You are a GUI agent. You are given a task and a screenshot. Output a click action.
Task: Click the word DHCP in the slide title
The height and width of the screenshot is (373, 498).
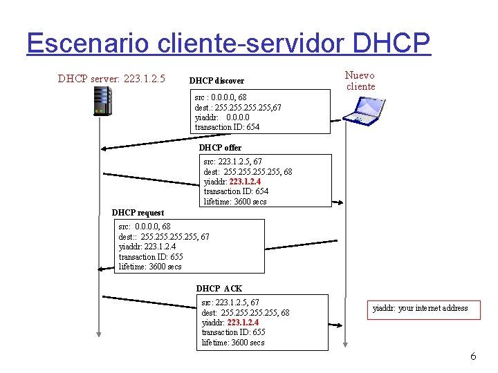point(391,42)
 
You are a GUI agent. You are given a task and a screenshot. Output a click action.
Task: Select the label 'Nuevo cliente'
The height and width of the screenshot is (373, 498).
point(360,81)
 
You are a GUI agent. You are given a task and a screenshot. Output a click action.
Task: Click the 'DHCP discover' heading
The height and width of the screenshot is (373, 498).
point(216,81)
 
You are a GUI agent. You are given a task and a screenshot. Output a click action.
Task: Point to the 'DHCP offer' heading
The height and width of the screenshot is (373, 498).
point(220,147)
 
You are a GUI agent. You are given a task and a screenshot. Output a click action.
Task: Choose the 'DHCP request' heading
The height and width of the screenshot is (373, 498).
point(138,213)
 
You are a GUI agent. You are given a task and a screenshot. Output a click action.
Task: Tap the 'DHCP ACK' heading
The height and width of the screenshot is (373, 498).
point(219,288)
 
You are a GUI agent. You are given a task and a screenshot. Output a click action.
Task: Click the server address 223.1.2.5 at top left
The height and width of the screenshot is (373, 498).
point(144,79)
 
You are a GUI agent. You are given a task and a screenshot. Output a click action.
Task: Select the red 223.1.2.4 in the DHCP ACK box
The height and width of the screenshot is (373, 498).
point(243,322)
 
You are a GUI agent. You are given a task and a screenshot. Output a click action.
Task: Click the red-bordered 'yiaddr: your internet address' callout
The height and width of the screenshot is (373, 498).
point(421,308)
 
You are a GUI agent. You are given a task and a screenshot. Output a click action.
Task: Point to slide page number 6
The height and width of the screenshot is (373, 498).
point(473,356)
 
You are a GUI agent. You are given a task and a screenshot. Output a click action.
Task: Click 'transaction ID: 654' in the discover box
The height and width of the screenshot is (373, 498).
point(227,127)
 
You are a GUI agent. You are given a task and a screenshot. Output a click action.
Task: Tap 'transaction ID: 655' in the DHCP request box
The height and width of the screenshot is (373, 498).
point(151,256)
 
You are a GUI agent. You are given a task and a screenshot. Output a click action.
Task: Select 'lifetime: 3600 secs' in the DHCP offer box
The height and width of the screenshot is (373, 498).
point(235,202)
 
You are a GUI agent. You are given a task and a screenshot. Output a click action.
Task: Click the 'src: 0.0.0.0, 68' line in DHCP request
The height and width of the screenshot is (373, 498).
point(145,226)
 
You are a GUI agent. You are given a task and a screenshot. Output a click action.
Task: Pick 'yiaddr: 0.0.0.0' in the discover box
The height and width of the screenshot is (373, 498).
point(222,117)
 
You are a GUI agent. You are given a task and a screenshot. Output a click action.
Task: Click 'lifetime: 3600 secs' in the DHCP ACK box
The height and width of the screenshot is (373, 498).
point(233,343)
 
